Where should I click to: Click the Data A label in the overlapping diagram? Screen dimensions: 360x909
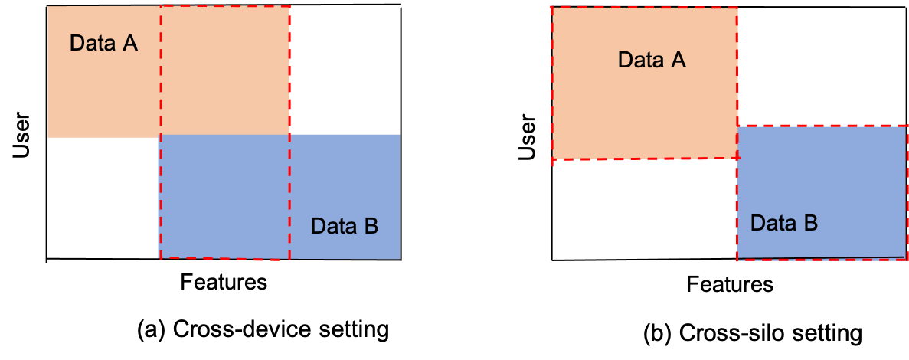[x=103, y=44]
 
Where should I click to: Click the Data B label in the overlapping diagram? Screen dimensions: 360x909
[x=344, y=227]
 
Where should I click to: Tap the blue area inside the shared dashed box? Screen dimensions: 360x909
[x=224, y=195]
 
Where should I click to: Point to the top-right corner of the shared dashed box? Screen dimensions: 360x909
[x=289, y=7]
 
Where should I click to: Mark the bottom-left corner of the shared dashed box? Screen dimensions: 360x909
[x=160, y=258]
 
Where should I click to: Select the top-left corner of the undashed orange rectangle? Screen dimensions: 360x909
[x=48, y=7]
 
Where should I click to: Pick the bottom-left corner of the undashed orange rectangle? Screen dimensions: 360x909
[x=48, y=138]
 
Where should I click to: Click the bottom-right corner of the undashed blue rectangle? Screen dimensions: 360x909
[x=400, y=259]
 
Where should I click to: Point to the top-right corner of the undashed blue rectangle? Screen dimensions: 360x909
[x=400, y=135]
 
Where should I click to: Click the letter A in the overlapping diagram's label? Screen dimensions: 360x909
[x=130, y=44]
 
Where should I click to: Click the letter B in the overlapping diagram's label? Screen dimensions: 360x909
[x=371, y=227]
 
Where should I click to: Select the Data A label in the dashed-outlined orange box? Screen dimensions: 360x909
[x=652, y=60]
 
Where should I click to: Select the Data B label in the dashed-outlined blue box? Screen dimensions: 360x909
[x=783, y=224]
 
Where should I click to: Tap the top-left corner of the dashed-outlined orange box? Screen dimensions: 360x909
[x=553, y=8]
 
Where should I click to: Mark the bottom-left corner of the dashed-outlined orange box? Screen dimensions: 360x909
[x=553, y=161]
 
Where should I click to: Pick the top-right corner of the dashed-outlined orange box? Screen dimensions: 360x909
[x=737, y=8]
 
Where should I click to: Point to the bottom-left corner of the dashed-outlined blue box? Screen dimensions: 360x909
[x=737, y=260]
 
